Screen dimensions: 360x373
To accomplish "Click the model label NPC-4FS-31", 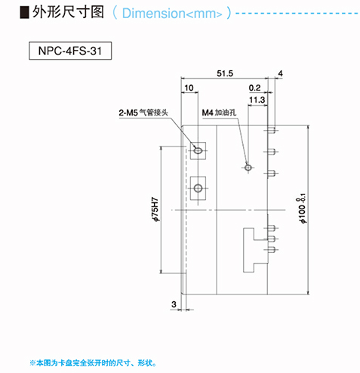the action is (x=70, y=51).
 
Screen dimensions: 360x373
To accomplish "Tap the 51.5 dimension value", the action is (x=225, y=73).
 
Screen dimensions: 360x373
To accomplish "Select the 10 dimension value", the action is (x=189, y=88).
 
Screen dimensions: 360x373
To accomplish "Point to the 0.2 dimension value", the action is (x=254, y=88).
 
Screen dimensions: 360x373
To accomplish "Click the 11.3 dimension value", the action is (x=257, y=100).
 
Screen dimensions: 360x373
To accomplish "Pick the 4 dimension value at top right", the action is (x=280, y=73).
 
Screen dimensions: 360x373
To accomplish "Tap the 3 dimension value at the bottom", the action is (x=174, y=304).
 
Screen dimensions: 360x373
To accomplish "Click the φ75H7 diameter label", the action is (x=155, y=209).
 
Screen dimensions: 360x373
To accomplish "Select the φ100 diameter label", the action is (x=301, y=208).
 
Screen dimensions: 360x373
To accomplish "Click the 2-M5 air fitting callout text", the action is (x=143, y=113).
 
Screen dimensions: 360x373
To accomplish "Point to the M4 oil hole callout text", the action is (x=219, y=113).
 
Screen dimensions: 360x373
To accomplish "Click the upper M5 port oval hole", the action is (x=198, y=150).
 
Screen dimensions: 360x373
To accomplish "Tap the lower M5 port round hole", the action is (x=198, y=188).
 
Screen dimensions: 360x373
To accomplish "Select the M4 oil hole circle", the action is (x=248, y=167).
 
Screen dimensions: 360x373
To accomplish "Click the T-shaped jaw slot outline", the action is (x=243, y=250).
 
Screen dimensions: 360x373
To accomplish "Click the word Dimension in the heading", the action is (x=154, y=14).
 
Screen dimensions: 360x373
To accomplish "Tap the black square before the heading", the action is (x=24, y=13).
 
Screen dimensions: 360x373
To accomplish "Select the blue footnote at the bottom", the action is (x=93, y=363).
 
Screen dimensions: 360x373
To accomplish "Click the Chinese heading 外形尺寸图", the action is (x=68, y=12).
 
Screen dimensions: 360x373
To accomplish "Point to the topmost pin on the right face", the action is (x=271, y=131).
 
